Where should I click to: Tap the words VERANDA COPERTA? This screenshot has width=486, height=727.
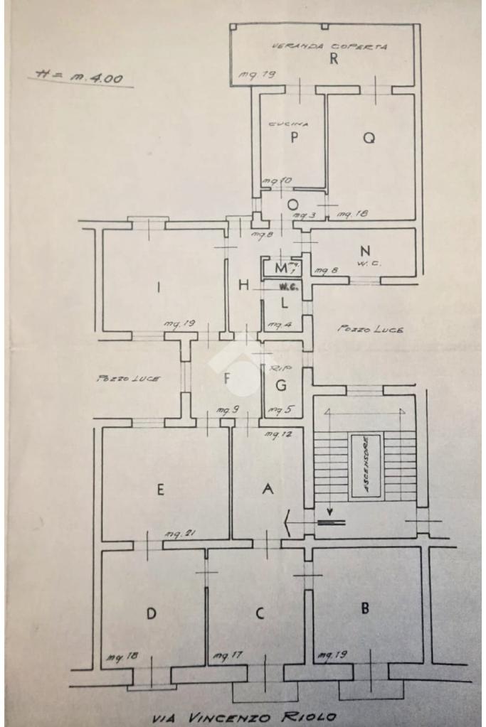[x=329, y=47]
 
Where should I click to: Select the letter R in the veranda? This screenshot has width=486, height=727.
[x=332, y=60]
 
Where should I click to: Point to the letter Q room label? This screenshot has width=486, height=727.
[x=369, y=139]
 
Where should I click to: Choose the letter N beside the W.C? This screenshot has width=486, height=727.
[x=365, y=251]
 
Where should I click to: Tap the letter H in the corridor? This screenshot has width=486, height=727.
[x=244, y=286]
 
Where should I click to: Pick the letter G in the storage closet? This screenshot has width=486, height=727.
[x=281, y=387]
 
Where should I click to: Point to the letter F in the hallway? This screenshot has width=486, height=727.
[x=228, y=379]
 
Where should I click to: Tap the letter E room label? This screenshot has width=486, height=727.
[x=161, y=489]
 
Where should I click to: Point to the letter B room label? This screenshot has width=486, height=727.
[x=365, y=608]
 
